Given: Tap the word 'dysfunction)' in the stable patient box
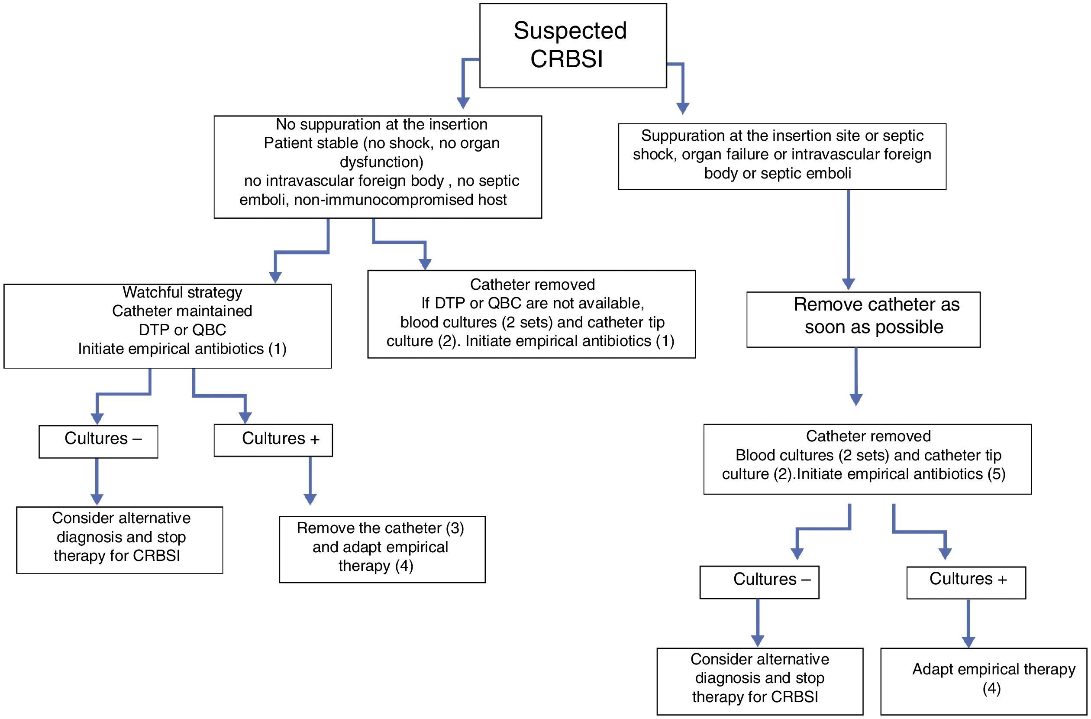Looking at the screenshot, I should pos(381,162).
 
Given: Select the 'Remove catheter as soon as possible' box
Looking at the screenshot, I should pos(863,320).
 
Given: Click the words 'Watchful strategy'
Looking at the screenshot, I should pos(182,292).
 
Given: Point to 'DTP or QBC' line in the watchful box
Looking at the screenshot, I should pos(182,330).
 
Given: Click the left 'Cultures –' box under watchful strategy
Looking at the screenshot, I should pos(98,442).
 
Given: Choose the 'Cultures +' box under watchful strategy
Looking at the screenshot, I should pos(273,440).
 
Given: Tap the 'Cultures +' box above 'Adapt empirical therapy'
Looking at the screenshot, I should pos(966,583).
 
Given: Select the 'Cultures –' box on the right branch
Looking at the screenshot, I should pos(759,583).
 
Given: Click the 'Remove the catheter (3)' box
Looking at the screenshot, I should pos(382,549).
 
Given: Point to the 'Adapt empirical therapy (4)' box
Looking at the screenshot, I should pos(983,681).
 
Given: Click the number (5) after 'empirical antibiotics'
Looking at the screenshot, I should pos(996,474).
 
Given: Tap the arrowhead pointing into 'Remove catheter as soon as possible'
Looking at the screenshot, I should pos(849,284).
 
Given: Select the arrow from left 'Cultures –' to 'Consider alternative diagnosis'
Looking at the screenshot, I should pos(97,482).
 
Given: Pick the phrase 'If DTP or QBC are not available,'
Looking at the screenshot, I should pos(532,303).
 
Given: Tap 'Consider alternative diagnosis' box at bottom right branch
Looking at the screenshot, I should pos(759,681).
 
